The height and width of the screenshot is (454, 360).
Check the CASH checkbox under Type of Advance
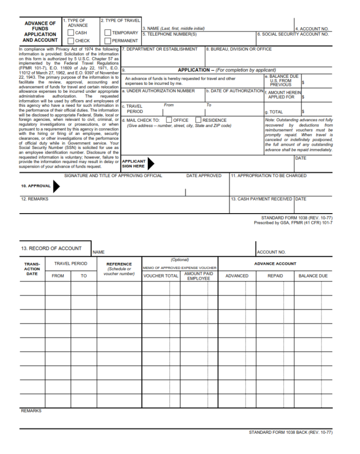click(x=71, y=33)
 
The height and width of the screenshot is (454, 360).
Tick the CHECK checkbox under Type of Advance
click(x=71, y=41)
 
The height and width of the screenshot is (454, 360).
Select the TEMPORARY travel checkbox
click(x=107, y=33)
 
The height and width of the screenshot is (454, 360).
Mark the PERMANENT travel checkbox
click(x=107, y=41)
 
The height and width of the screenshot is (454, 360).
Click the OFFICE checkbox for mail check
click(x=169, y=120)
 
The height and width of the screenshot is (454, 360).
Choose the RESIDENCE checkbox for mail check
click(x=198, y=120)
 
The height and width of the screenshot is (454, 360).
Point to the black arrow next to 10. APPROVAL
click(x=56, y=186)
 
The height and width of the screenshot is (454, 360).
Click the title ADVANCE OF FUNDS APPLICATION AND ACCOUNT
click(x=40, y=31)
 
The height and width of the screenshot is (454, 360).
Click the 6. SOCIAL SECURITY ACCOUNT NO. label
click(x=293, y=34)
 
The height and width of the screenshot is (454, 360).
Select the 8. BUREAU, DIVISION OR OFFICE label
click(x=239, y=49)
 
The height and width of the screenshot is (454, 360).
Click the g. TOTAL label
click(x=274, y=112)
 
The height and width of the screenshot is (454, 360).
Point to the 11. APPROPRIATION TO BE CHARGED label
click(x=269, y=176)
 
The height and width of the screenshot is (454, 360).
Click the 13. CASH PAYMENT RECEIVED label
click(x=262, y=199)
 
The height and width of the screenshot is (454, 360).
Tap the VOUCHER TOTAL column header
click(x=161, y=276)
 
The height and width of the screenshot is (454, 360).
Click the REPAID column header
click(x=275, y=276)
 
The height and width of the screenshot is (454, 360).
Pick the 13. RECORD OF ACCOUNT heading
click(x=51, y=248)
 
